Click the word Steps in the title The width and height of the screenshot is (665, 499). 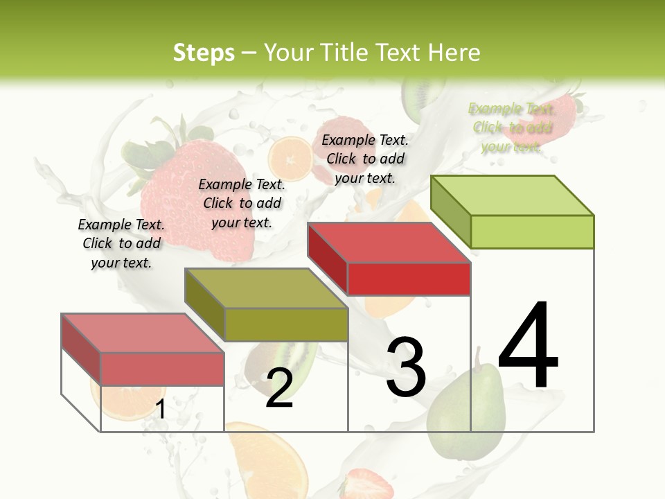click(204, 53)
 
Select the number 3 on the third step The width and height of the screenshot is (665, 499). click(406, 367)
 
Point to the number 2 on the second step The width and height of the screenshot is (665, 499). click(280, 388)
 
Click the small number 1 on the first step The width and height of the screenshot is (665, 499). click(160, 410)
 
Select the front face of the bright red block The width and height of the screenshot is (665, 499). click(409, 279)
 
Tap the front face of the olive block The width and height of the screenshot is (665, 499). click(286, 324)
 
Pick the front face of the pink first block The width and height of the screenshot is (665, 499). click(162, 369)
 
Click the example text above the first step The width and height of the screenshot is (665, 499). click(121, 243)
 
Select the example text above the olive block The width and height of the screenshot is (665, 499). click(242, 203)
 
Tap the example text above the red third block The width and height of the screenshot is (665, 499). click(365, 159)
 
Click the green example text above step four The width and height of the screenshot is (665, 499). click(511, 128)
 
